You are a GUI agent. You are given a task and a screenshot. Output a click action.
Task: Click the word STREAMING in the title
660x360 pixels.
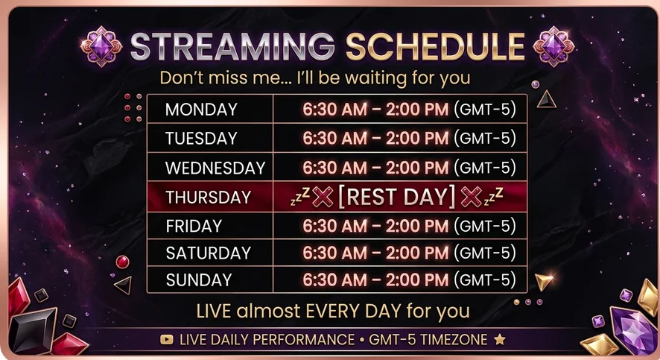point(232,46)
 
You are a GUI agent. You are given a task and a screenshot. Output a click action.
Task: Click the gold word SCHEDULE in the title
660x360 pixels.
point(436,46)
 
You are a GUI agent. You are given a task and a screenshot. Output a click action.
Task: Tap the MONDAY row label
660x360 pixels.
point(201,110)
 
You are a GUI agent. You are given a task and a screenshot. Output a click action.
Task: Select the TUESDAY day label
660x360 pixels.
point(201,139)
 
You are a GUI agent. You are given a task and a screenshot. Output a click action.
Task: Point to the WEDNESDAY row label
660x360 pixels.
point(215,168)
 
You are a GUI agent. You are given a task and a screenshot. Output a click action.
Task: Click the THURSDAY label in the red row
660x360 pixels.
point(209,197)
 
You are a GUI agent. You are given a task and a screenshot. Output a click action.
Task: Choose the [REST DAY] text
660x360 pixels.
point(397,197)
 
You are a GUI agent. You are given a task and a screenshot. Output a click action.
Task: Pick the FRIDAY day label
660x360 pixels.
point(194,226)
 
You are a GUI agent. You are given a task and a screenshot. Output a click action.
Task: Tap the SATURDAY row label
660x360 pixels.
point(209,253)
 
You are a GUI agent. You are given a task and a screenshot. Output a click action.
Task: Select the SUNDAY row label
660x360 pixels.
point(199,280)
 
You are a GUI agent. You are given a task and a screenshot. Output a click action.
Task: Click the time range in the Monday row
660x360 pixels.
point(375,110)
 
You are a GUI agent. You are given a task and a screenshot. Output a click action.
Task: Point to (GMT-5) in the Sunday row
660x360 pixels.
point(485,280)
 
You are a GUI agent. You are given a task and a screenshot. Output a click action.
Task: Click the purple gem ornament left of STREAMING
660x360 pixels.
point(101,46)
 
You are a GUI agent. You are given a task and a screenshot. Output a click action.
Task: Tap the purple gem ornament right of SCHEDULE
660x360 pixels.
point(553,46)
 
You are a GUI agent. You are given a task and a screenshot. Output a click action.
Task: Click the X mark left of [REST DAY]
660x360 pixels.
point(323,197)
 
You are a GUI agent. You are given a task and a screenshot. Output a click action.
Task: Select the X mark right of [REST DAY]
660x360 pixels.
point(471,197)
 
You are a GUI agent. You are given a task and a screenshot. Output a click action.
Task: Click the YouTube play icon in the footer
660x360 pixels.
point(167,339)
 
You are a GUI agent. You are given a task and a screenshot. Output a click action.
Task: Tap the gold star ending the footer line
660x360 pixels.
point(500,339)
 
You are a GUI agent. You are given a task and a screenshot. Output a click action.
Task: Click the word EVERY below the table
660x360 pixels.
point(333,311)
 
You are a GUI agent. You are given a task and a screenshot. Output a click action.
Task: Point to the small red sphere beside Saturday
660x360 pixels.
point(122,262)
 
